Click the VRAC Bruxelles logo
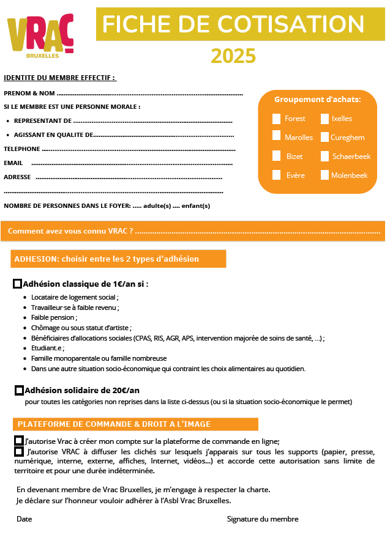[x=40, y=36]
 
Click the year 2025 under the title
[x=233, y=56]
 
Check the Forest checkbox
[x=277, y=119]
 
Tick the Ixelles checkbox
[x=324, y=119]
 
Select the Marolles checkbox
[x=277, y=136]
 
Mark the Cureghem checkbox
[x=324, y=138]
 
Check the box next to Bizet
[x=277, y=157]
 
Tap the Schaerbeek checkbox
[x=324, y=157]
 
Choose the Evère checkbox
[x=277, y=175]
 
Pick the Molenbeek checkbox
[x=324, y=175]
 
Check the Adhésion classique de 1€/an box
[x=18, y=284]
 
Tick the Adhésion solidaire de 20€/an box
[x=20, y=390]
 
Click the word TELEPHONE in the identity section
[x=22, y=149]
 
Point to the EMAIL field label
[x=13, y=163]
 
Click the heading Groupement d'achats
[x=317, y=100]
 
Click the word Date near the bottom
[x=24, y=519]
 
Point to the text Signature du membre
[x=263, y=519]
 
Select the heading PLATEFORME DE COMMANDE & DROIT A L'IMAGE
[x=114, y=424]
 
